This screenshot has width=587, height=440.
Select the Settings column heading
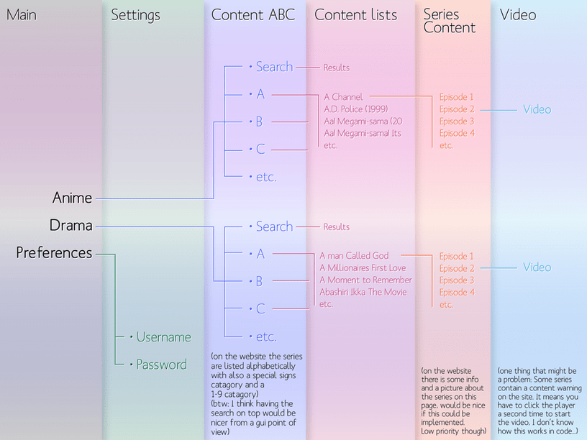pos(136,14)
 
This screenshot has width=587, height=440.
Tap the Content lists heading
pos(355,14)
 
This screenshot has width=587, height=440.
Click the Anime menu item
pos(72,197)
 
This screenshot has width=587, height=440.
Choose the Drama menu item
pos(70,225)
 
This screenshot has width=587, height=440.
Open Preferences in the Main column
pos(54,252)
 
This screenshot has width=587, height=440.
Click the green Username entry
pos(163,336)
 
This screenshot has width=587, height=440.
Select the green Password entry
pos(161,365)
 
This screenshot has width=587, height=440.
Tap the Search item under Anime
pos(274,67)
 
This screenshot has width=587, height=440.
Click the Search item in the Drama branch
pos(274,226)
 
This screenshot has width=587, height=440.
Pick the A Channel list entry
pos(344,97)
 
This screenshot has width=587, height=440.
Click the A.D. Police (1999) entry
pos(355,109)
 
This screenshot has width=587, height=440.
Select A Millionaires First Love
pos(363,268)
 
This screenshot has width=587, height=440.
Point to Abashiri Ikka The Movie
pos(363,292)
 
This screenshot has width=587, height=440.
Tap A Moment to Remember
pos(365,280)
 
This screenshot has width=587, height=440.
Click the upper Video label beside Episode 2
pos(537,109)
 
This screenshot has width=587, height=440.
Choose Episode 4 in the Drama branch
pos(457,293)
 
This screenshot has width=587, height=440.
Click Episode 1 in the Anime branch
pos(457,97)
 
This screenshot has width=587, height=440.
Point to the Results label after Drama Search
pos(336,227)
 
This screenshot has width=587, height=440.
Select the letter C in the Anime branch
pos(260,150)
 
